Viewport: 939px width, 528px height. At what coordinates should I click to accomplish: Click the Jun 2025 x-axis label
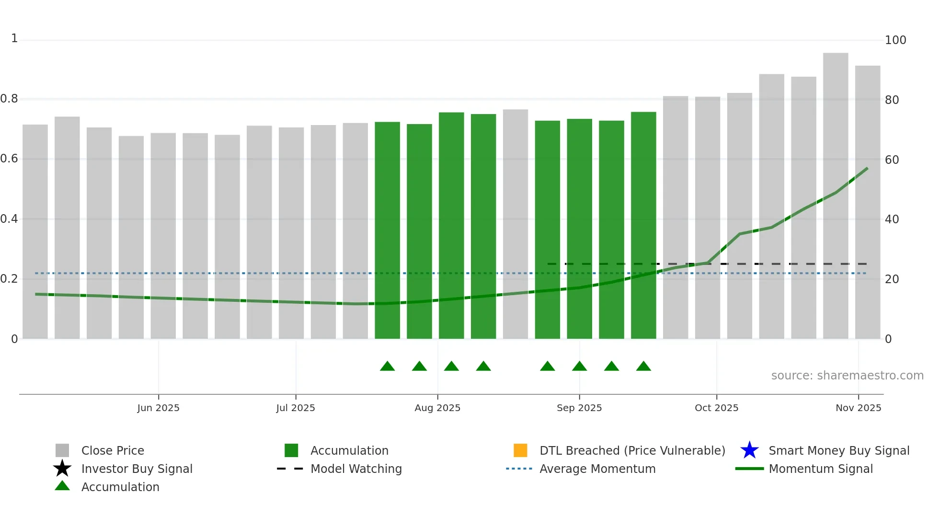(158, 408)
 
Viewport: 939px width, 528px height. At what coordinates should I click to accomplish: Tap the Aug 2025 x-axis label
(437, 408)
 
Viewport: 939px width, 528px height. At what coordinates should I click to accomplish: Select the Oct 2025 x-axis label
(716, 408)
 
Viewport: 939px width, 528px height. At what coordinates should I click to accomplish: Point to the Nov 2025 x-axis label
(858, 408)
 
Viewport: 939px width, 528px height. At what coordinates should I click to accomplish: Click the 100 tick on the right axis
(895, 40)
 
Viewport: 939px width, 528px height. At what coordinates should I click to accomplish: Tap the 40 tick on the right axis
(892, 219)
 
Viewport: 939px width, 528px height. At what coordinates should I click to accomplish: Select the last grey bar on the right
(867, 201)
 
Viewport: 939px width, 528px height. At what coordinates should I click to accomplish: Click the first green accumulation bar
(387, 230)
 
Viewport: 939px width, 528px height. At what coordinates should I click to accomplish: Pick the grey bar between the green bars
(515, 225)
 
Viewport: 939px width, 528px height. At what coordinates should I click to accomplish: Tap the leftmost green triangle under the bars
(387, 367)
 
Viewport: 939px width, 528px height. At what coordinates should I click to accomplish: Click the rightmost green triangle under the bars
(643, 367)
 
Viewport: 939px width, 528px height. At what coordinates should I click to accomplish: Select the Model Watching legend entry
(355, 469)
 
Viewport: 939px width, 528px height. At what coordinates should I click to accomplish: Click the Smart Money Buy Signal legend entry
(838, 450)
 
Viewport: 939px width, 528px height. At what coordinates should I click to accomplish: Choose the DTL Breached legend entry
(632, 450)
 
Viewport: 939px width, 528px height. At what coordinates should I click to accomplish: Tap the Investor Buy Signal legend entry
(137, 469)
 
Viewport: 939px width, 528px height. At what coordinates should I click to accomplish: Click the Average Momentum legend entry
(597, 469)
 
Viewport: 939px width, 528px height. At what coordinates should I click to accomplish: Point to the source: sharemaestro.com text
(847, 376)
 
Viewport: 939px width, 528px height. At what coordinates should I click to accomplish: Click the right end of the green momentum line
(867, 169)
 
